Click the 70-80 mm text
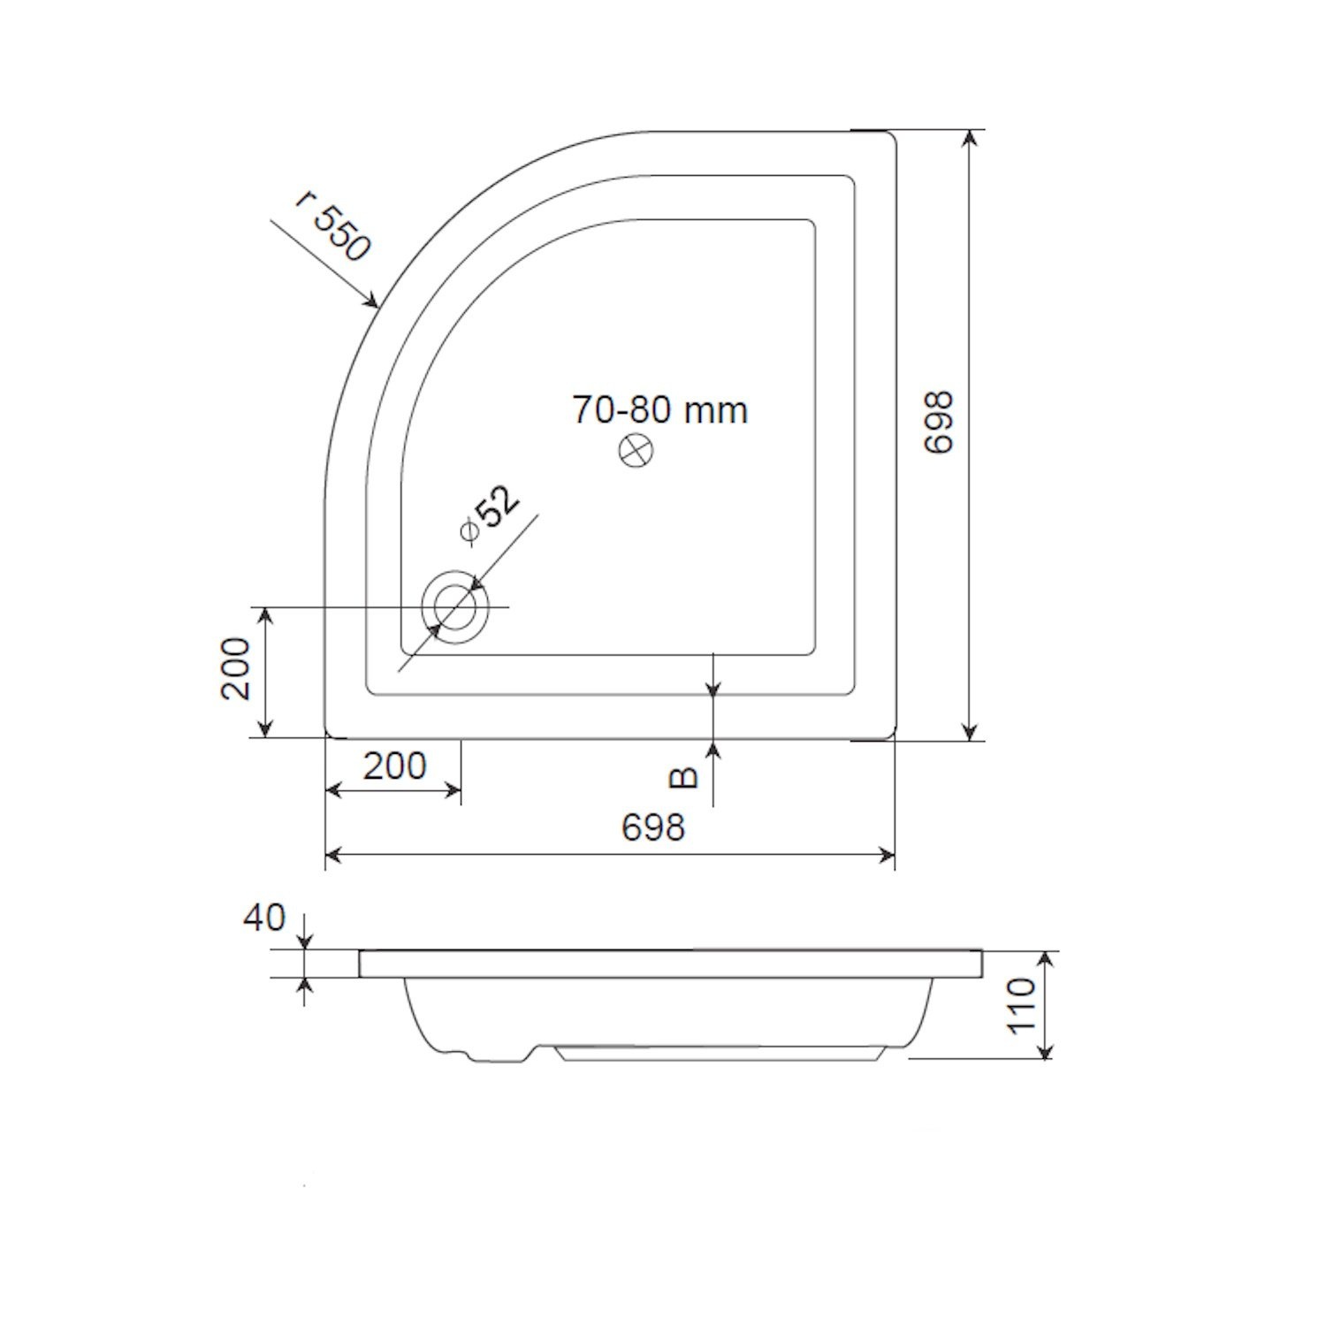[659, 410]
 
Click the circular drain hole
[455, 607]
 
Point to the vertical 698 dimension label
[939, 423]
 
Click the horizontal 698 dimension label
[653, 827]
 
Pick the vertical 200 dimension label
[236, 669]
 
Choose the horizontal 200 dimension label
[394, 766]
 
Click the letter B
[683, 777]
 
